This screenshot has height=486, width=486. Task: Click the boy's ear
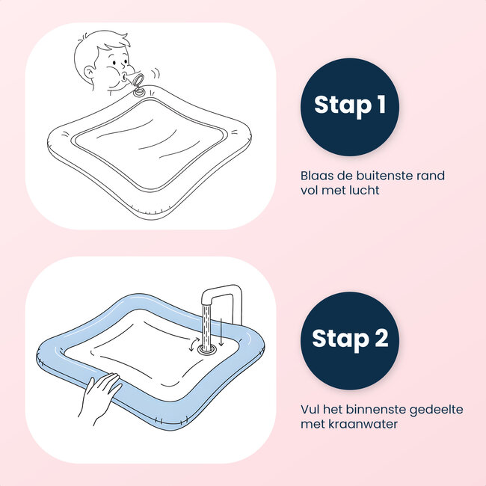[x=92, y=73]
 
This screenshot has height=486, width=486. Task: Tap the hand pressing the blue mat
[x=100, y=393]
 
